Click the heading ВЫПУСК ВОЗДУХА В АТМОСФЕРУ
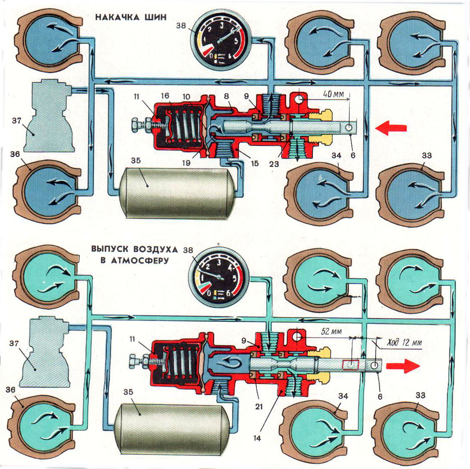[128, 255]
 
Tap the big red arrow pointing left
[391, 128]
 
